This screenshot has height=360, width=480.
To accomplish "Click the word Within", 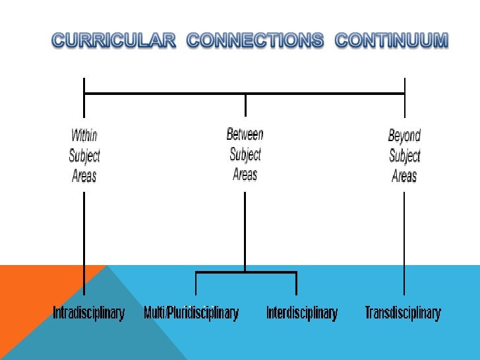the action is (x=84, y=136).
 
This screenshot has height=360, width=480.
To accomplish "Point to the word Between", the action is (x=245, y=135).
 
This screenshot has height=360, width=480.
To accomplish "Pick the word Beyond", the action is (x=404, y=136).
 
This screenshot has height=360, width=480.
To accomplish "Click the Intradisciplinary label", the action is (x=88, y=313).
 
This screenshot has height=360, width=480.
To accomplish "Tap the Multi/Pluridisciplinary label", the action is (x=191, y=313).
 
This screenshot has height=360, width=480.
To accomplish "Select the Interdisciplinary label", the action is (x=301, y=313).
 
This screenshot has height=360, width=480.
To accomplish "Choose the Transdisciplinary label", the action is (x=403, y=313).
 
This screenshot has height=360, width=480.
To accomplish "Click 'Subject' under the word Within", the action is (x=84, y=156).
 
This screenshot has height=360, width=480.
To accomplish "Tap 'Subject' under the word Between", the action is (x=245, y=155).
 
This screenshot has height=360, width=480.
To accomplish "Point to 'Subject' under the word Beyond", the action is (x=404, y=157).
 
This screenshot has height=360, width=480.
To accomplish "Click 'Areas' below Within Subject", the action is (x=84, y=176).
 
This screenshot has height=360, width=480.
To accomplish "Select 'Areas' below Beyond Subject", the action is (x=404, y=177).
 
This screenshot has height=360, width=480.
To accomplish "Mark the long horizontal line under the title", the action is (x=165, y=94).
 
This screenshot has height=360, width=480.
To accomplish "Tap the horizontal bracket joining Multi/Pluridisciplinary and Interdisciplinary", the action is (x=246, y=272).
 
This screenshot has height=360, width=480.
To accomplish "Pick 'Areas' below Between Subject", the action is (x=245, y=175).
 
